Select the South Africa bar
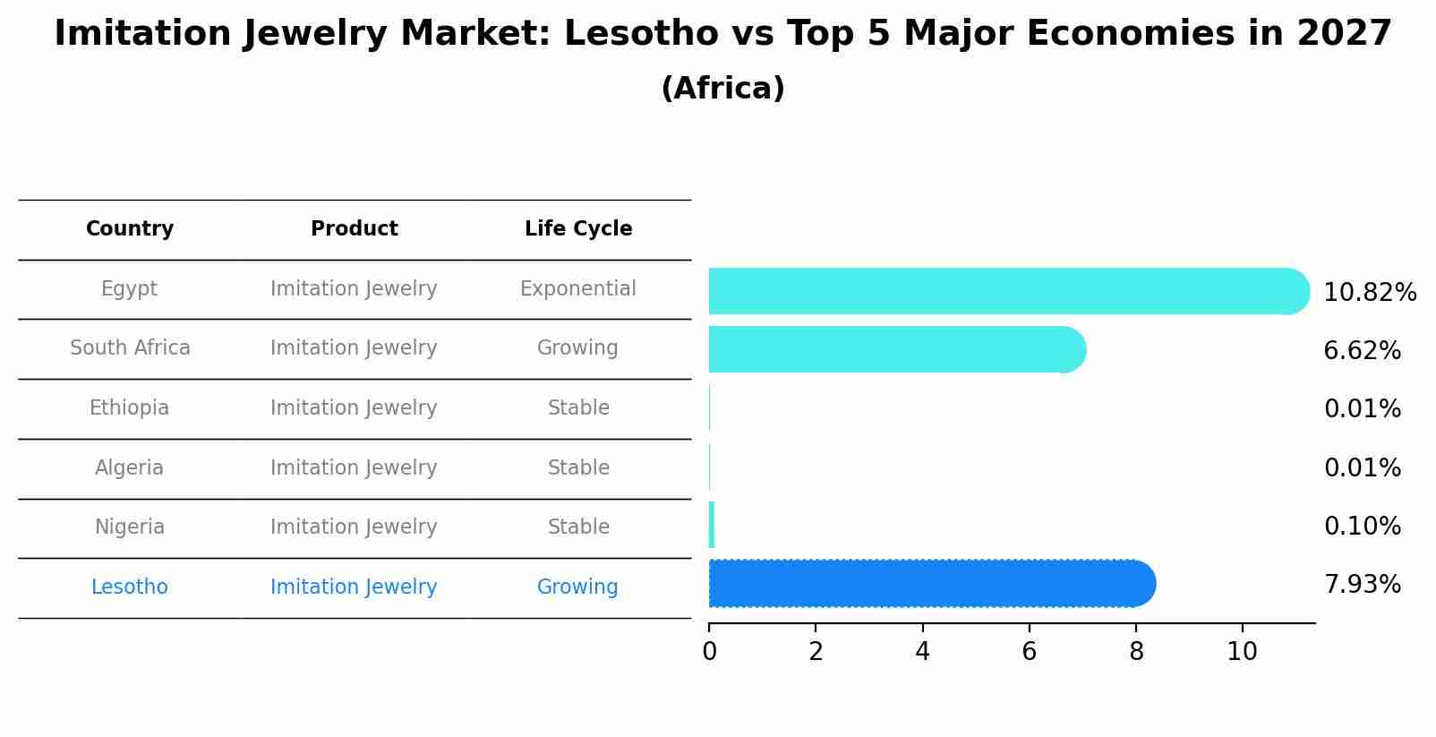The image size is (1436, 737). click(895, 349)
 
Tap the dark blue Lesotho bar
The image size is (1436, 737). click(931, 584)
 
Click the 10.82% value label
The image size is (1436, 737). click(1370, 293)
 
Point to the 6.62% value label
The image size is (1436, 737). click(1362, 351)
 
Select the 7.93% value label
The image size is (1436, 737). click(1362, 585)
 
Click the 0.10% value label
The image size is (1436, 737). click(1362, 527)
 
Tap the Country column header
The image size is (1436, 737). click(130, 229)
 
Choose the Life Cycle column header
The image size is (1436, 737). click(578, 229)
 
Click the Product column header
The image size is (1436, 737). click(355, 229)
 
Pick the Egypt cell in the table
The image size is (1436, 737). click(129, 289)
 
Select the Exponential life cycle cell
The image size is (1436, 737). click(578, 289)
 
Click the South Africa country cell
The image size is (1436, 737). click(130, 348)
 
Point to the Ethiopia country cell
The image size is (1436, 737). click(129, 408)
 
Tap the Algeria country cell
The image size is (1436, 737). click(129, 468)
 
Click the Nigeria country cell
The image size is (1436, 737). click(130, 527)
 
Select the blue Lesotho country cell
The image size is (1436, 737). click(130, 587)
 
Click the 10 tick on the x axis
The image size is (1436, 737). click(1243, 652)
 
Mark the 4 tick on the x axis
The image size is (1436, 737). click(922, 652)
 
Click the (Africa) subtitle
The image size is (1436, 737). click(722, 89)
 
